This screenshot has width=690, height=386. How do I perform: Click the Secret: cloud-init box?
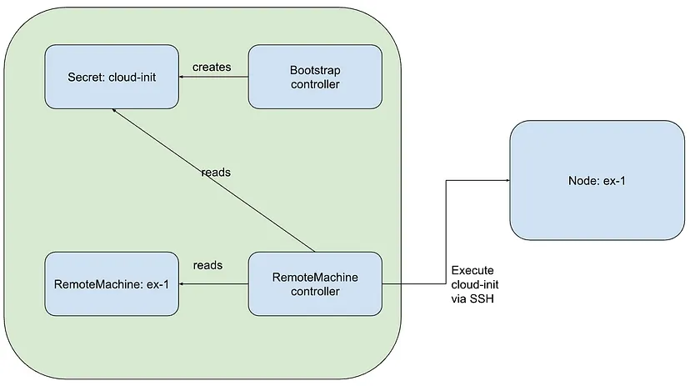pyautogui.click(x=112, y=77)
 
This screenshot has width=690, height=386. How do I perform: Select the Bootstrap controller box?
pyautogui.click(x=315, y=77)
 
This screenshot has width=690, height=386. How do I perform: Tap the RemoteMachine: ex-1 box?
pyautogui.click(x=112, y=284)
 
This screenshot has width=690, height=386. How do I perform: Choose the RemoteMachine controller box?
pyautogui.click(x=315, y=284)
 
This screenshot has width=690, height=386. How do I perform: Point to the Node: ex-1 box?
pyautogui.click(x=597, y=180)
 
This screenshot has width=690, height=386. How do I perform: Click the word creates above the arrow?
pyautogui.click(x=212, y=67)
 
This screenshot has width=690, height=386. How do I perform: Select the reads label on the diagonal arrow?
pyautogui.click(x=216, y=172)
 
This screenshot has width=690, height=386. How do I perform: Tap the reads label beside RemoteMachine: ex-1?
pyautogui.click(x=207, y=265)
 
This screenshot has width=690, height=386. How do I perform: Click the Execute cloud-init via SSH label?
pyautogui.click(x=475, y=284)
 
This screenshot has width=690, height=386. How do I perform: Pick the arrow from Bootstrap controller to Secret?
pyautogui.click(x=213, y=77)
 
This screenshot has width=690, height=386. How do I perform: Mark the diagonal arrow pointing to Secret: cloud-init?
pyautogui.click(x=213, y=180)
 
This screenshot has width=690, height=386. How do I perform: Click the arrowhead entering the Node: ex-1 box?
pyautogui.click(x=507, y=180)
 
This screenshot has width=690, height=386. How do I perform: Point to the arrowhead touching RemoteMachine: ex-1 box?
pyautogui.click(x=182, y=284)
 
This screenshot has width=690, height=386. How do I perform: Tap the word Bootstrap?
pyautogui.click(x=315, y=70)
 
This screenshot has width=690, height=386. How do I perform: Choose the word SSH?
pyautogui.click(x=482, y=298)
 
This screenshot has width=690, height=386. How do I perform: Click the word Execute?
pyautogui.click(x=472, y=270)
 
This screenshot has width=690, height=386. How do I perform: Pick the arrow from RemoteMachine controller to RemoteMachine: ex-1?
pyautogui.click(x=213, y=284)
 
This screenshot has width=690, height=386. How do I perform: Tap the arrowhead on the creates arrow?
pyautogui.click(x=182, y=77)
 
